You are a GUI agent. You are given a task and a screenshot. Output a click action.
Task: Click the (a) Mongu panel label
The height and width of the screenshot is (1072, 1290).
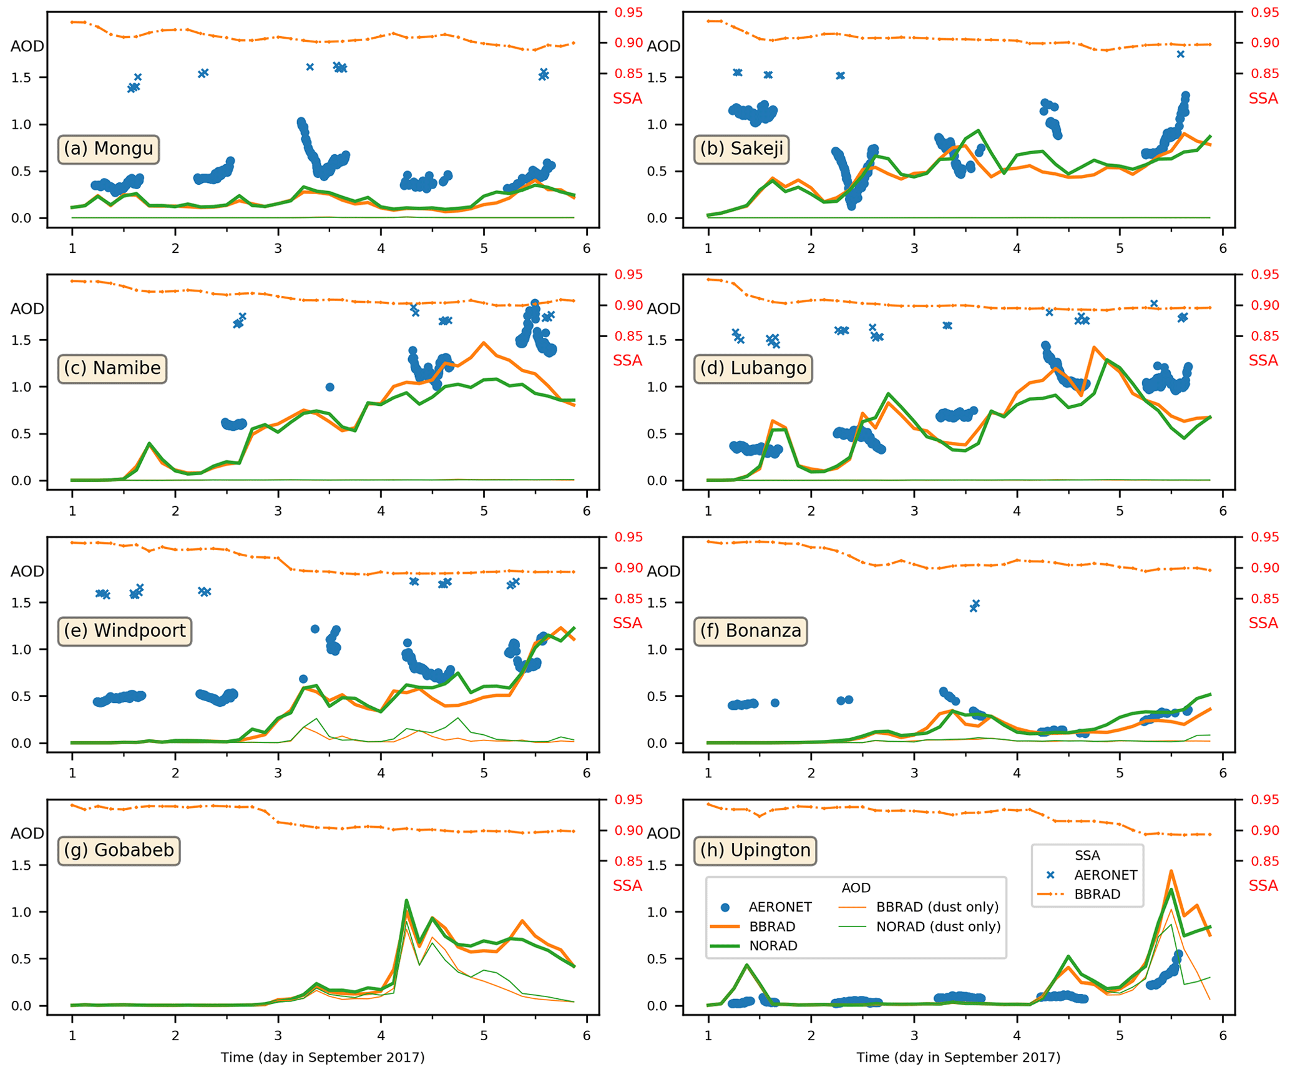pos(109,149)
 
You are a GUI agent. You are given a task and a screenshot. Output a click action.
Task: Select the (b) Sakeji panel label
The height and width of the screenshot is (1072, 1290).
pos(741,149)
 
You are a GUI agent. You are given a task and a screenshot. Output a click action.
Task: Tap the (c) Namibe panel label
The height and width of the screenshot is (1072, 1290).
pos(112,368)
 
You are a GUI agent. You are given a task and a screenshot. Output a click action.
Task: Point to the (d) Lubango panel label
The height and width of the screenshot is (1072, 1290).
pos(752,368)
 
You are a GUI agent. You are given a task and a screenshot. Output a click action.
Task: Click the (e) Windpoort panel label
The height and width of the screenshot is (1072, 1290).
pos(125,631)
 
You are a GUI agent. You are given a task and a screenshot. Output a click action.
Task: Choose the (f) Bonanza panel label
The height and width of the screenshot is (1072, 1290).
pos(750,631)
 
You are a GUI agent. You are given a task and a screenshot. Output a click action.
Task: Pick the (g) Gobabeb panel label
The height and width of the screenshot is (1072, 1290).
pos(119,850)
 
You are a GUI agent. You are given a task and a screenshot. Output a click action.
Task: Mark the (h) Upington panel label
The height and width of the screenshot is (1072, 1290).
pos(755,850)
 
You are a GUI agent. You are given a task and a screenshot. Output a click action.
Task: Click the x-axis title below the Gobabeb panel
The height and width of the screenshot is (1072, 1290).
pos(322,1057)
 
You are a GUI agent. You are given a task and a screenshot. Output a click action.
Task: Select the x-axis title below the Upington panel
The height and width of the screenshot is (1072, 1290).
pos(957,1057)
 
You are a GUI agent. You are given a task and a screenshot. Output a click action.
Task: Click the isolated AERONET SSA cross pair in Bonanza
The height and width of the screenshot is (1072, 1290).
pos(974,606)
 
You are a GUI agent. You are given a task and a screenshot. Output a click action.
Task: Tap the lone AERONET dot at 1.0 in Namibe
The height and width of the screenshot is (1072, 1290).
pos(330,387)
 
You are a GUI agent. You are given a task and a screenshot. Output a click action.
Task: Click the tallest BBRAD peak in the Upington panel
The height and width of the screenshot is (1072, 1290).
pos(1171,871)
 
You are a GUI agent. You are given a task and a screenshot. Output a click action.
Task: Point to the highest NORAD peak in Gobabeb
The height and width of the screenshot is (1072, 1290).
pos(406,900)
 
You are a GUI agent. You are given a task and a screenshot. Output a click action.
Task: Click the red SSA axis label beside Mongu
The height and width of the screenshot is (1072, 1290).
pos(627,98)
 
